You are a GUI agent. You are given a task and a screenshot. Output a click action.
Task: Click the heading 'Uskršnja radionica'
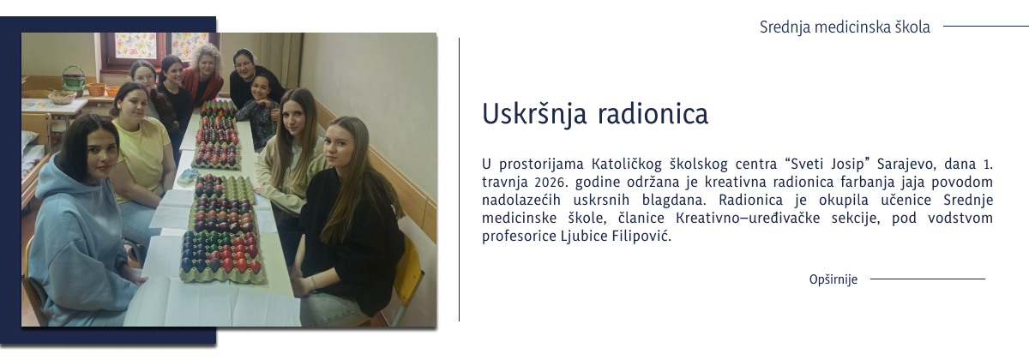594,115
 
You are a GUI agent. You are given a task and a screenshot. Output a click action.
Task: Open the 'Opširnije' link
833,279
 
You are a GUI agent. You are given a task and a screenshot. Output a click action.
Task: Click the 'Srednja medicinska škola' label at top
844,27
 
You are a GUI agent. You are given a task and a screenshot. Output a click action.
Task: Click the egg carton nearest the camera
221,257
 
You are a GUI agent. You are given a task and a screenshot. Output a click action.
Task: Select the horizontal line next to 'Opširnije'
927,279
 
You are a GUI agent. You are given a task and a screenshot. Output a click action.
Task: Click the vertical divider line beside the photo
459,180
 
